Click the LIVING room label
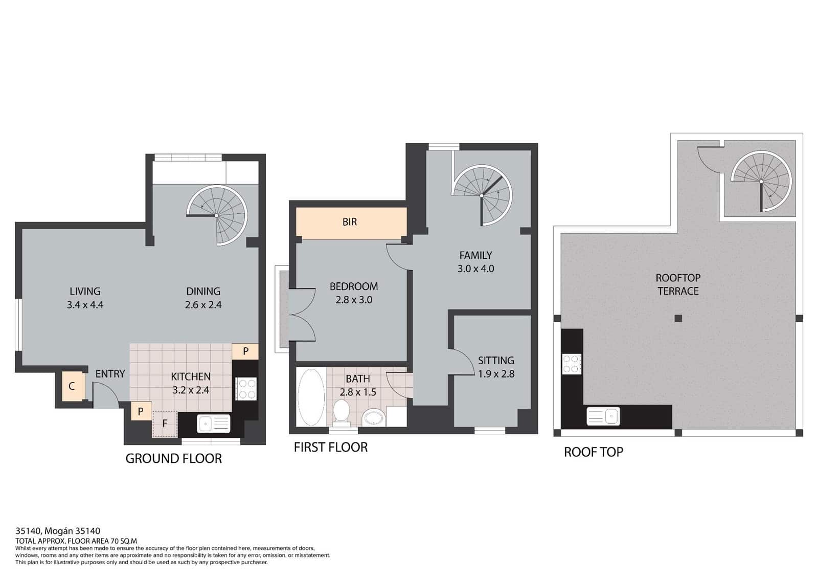(x=85, y=291)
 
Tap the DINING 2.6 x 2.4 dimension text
(x=203, y=305)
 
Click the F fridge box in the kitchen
(x=165, y=424)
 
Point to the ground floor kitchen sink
(x=214, y=424)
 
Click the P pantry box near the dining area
(x=245, y=351)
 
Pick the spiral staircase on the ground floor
(x=217, y=215)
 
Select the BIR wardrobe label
(x=350, y=222)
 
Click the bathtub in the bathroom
(x=311, y=397)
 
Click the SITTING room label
(x=496, y=361)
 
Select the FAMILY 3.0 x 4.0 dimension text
(x=476, y=269)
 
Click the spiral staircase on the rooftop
(x=761, y=182)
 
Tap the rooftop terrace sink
(x=603, y=416)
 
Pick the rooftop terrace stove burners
(x=572, y=364)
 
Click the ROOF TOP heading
(x=594, y=452)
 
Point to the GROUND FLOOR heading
(x=173, y=458)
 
